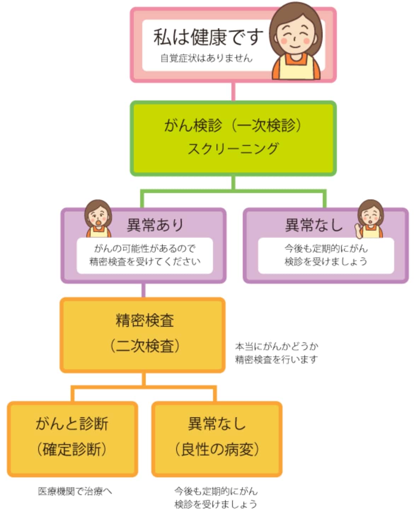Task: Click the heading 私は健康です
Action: click(x=208, y=37)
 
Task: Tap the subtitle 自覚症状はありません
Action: click(x=206, y=58)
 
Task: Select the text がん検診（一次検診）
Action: click(x=233, y=126)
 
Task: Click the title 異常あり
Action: click(x=155, y=225)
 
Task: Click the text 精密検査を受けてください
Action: click(x=145, y=262)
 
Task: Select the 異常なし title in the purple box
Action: click(x=314, y=225)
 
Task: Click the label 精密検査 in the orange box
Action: click(x=145, y=320)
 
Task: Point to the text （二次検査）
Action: click(x=145, y=346)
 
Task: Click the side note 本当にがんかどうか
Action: click(x=277, y=346)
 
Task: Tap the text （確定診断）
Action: click(x=72, y=449)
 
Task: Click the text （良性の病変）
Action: click(x=217, y=449)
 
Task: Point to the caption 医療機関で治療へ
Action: click(x=75, y=491)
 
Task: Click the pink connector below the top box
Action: click(x=233, y=92)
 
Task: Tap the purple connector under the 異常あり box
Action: click(x=143, y=290)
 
